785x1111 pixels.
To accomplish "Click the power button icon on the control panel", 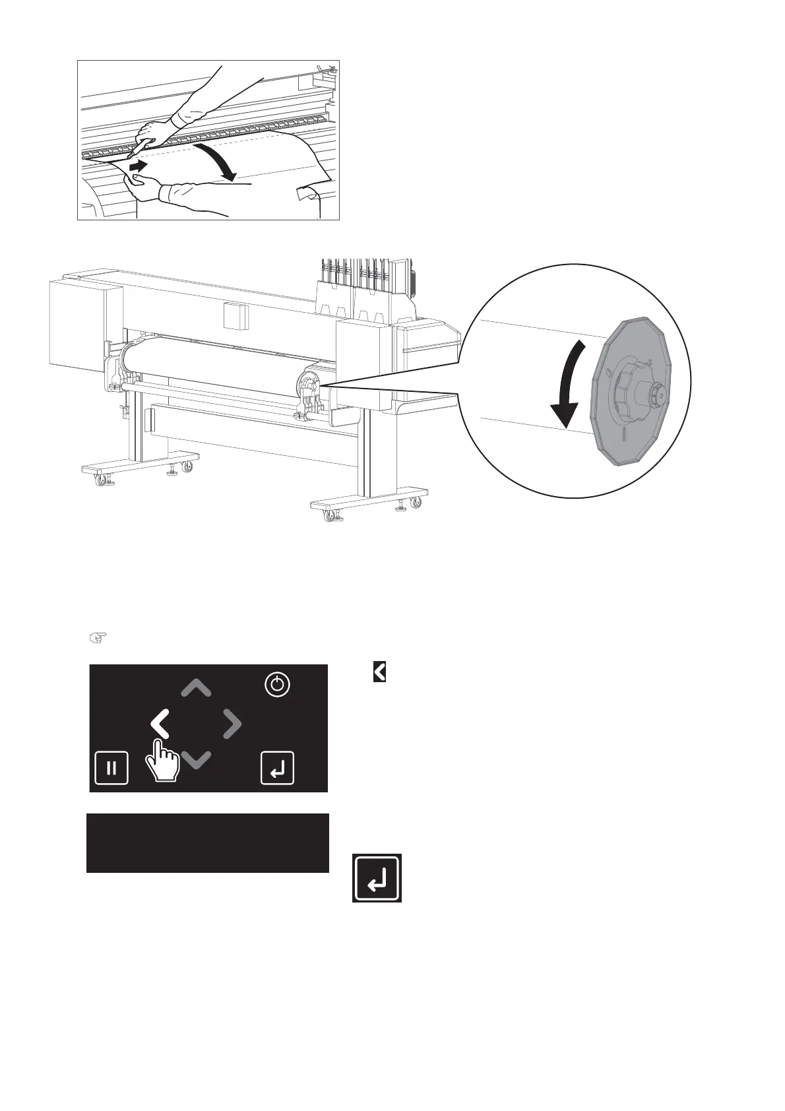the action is (x=277, y=685).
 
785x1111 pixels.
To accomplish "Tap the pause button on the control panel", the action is (x=111, y=768).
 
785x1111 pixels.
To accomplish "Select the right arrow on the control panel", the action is (x=232, y=724).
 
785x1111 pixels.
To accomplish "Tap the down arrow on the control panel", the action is (x=196, y=759).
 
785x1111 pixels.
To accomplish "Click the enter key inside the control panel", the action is (x=277, y=768).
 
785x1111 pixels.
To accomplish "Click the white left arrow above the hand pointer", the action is (x=160, y=724).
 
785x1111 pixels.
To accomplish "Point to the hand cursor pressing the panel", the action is (x=162, y=762).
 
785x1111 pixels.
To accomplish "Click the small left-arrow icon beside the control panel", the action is (x=379, y=672).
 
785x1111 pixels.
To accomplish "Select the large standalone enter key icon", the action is (x=377, y=878).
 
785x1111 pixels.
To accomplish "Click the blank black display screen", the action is (x=208, y=843).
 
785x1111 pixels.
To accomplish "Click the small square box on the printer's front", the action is (x=234, y=315).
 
